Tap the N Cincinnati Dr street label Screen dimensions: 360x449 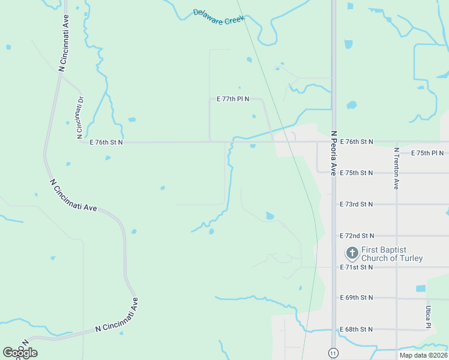[x=79, y=115]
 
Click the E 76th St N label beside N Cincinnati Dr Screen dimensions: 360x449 [x=106, y=142]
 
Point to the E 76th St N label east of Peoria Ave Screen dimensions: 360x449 [x=357, y=142]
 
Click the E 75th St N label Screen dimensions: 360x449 [x=357, y=173]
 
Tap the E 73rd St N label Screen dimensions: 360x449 [x=357, y=204]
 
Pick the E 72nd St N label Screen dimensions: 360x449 [x=357, y=236]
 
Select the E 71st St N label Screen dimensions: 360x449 [x=357, y=267]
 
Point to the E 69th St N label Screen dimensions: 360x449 [x=357, y=298]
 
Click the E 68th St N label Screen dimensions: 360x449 [x=357, y=329]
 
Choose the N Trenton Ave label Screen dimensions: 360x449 [x=397, y=169]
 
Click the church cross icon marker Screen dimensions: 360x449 [x=352, y=253]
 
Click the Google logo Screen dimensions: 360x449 [x=20, y=352]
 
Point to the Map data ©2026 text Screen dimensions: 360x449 [x=423, y=355]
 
